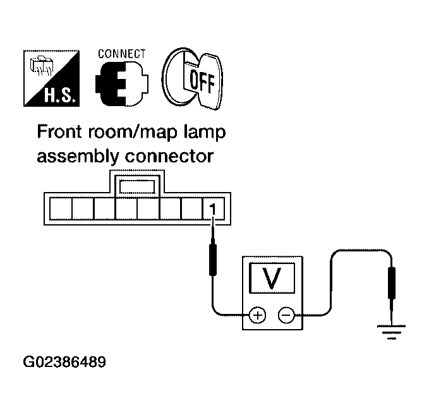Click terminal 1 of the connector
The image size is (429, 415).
(x=213, y=208)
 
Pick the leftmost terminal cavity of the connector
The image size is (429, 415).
(x=61, y=208)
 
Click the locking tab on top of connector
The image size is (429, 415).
(x=138, y=184)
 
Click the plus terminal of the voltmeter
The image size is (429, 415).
(x=258, y=315)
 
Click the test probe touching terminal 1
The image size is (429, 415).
(x=213, y=260)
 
